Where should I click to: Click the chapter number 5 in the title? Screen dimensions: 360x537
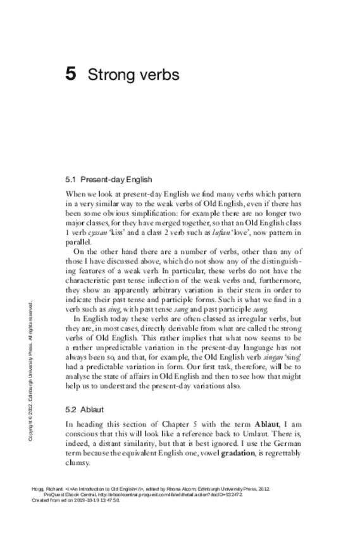pyautogui.click(x=71, y=75)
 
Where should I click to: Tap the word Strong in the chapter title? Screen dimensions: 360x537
pyautogui.click(x=108, y=75)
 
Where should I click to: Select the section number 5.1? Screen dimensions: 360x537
pyautogui.click(x=70, y=179)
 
